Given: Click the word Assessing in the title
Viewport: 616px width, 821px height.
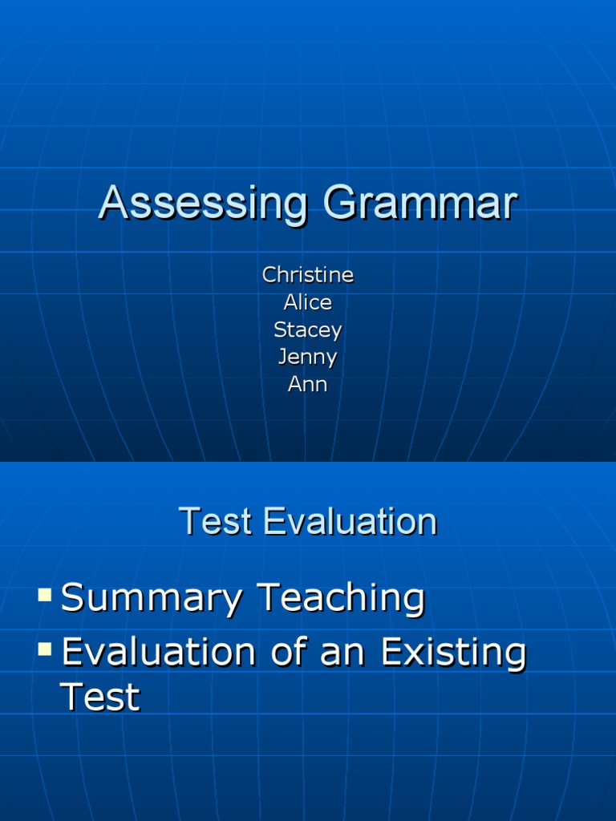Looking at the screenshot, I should (x=202, y=204).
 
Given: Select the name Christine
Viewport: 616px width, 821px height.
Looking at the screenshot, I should (x=308, y=275).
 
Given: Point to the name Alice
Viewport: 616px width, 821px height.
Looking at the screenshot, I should (x=308, y=302).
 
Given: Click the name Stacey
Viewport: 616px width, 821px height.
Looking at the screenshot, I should (x=308, y=330).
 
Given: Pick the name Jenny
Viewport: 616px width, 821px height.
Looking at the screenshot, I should (x=308, y=357).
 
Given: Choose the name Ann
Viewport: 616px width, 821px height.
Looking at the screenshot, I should (x=308, y=384).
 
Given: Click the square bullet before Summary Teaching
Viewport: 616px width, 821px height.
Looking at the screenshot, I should (x=45, y=595).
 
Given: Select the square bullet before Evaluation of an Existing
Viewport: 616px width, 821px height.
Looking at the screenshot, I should (x=45, y=647).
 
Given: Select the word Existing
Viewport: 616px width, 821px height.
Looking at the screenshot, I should (x=453, y=653).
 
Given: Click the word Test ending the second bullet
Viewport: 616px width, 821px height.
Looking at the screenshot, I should (x=100, y=698).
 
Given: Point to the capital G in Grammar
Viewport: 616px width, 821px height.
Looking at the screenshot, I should (x=338, y=204).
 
